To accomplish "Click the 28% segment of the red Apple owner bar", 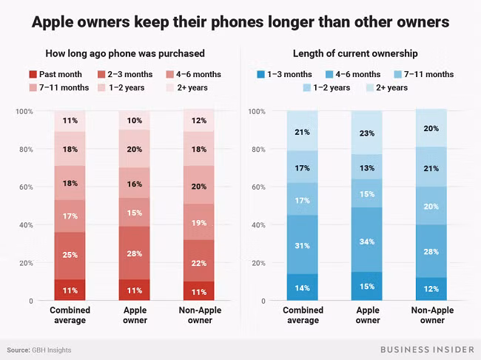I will [134, 254].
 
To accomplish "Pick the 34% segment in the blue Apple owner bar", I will [366, 241].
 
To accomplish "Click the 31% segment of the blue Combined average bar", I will [302, 245].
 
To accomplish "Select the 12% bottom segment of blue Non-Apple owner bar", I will [431, 289].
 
